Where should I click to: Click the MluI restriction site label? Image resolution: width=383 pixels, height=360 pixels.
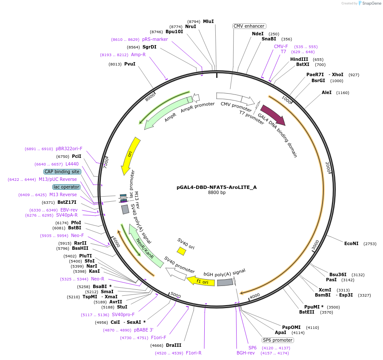[x=208, y=21]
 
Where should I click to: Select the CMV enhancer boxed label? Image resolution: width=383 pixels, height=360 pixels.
[x=249, y=26]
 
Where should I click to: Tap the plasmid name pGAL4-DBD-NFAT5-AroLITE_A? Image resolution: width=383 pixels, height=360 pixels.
[x=217, y=187]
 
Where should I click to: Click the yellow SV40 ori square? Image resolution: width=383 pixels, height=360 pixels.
[x=181, y=251]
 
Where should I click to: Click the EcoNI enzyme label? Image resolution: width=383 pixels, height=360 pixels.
[x=351, y=243]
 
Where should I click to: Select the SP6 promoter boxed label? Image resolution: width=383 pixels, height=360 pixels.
[x=277, y=340]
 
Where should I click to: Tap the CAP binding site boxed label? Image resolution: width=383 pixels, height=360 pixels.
[x=62, y=171]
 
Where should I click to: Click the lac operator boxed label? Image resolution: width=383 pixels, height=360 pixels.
[x=66, y=187]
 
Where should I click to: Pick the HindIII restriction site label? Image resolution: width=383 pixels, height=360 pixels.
[x=299, y=59]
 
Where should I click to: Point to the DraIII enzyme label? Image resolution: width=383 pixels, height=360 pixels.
[x=174, y=346]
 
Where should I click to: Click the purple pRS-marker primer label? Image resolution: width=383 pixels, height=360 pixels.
[x=155, y=39]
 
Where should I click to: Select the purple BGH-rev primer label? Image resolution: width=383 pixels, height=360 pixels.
[x=246, y=353]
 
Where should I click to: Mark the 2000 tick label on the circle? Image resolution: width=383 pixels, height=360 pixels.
[x=328, y=167]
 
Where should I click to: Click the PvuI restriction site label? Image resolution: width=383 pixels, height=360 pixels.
[x=130, y=64]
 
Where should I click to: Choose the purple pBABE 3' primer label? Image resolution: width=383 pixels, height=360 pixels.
[x=143, y=330]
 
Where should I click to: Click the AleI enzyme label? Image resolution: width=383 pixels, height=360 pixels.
[x=327, y=92]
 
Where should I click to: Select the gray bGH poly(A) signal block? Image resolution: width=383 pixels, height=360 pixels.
[x=225, y=282]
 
